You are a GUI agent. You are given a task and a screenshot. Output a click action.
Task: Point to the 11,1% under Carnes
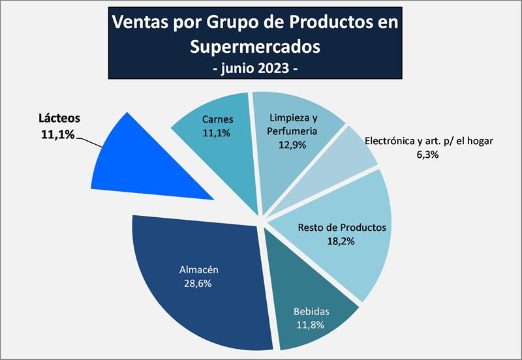(218, 133)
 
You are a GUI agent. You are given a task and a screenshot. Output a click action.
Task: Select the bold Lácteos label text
(57, 119)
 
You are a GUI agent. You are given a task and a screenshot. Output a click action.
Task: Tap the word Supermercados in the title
(255, 46)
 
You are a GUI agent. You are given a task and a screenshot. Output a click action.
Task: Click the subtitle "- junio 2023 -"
(255, 68)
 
